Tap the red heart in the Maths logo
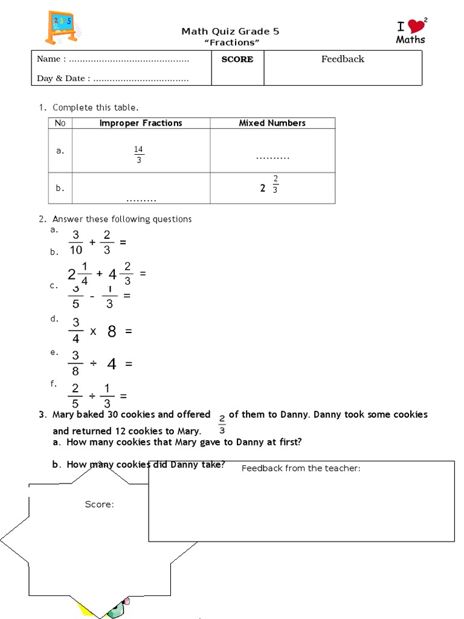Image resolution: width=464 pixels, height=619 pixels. point(415,26)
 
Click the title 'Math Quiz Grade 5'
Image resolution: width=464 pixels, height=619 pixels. point(230,31)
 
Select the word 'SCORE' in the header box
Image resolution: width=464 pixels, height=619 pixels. point(237,59)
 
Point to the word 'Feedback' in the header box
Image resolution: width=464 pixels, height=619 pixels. point(343,59)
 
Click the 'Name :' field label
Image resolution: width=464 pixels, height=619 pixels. point(51,59)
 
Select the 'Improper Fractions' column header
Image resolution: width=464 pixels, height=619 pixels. point(141,123)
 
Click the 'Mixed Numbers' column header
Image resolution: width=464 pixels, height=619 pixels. point(272,123)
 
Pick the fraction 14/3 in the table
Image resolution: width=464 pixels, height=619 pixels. point(139,155)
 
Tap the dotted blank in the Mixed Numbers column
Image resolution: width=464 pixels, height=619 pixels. point(272,157)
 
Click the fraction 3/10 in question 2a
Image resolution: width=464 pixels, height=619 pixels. point(76,242)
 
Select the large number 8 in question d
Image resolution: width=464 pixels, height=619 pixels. point(112,331)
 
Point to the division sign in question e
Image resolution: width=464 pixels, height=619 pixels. point(93,364)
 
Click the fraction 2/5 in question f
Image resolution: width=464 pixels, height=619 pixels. point(76,396)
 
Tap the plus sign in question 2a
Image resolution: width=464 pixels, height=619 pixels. point(92,242)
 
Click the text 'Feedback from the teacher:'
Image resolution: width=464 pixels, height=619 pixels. point(301,468)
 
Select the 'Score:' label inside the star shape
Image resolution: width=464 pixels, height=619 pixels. point(99,505)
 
